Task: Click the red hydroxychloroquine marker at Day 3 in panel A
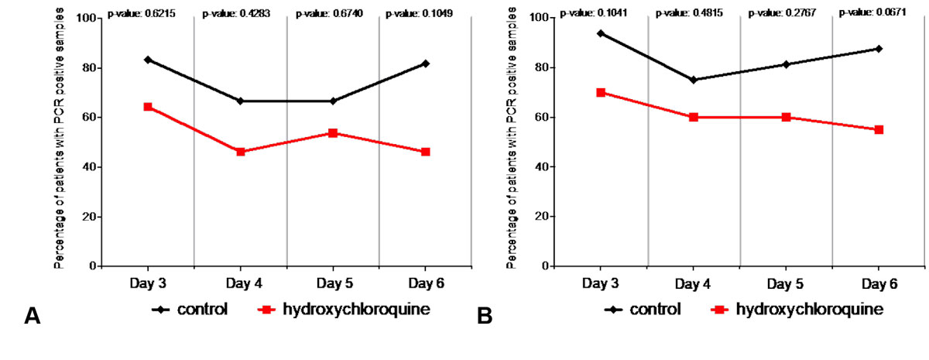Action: pos(147,107)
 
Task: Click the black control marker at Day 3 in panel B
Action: pos(601,33)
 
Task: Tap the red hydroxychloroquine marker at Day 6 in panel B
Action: pos(879,129)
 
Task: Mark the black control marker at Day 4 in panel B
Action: pos(694,80)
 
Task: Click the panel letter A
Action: pos(33,316)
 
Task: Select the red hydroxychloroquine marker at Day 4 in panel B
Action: pos(694,117)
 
